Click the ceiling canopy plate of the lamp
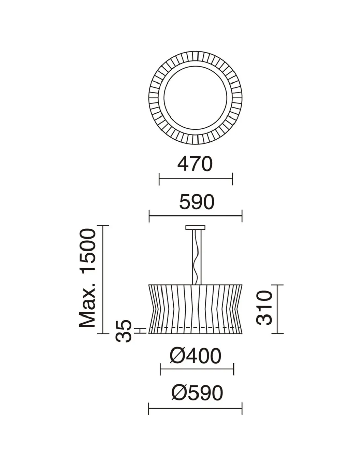(195, 228)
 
